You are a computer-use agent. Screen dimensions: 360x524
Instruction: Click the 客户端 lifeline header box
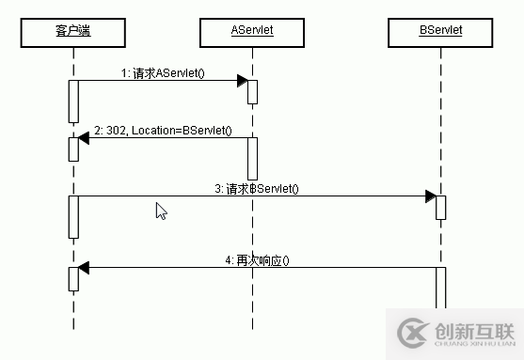pyautogui.click(x=72, y=32)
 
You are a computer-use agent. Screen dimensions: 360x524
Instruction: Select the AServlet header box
pyautogui.click(x=252, y=32)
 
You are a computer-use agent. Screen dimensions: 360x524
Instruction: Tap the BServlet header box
pyautogui.click(x=440, y=32)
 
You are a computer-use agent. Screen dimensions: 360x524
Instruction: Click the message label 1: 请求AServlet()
pyautogui.click(x=161, y=72)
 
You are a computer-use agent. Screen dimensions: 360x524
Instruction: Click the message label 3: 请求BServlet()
pyautogui.click(x=256, y=189)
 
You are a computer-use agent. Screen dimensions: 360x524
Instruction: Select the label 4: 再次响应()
pyautogui.click(x=257, y=259)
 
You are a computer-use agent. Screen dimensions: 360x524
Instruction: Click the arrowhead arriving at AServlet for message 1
pyautogui.click(x=242, y=81)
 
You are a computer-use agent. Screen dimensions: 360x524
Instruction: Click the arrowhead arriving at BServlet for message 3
pyautogui.click(x=430, y=196)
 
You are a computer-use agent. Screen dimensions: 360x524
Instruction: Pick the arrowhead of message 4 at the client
pyautogui.click(x=84, y=268)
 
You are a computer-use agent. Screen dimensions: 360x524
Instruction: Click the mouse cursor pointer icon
pyautogui.click(x=161, y=211)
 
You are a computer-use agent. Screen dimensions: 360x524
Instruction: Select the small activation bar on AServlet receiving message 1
pyautogui.click(x=252, y=91)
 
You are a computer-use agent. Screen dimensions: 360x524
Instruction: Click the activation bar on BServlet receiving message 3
pyautogui.click(x=440, y=207)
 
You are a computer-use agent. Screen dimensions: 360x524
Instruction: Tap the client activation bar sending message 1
pyautogui.click(x=72, y=101)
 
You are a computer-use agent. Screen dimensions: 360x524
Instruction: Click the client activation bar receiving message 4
pyautogui.click(x=72, y=278)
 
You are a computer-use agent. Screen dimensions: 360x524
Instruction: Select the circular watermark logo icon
pyautogui.click(x=412, y=333)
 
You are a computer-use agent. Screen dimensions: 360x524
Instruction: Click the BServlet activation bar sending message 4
pyautogui.click(x=440, y=286)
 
